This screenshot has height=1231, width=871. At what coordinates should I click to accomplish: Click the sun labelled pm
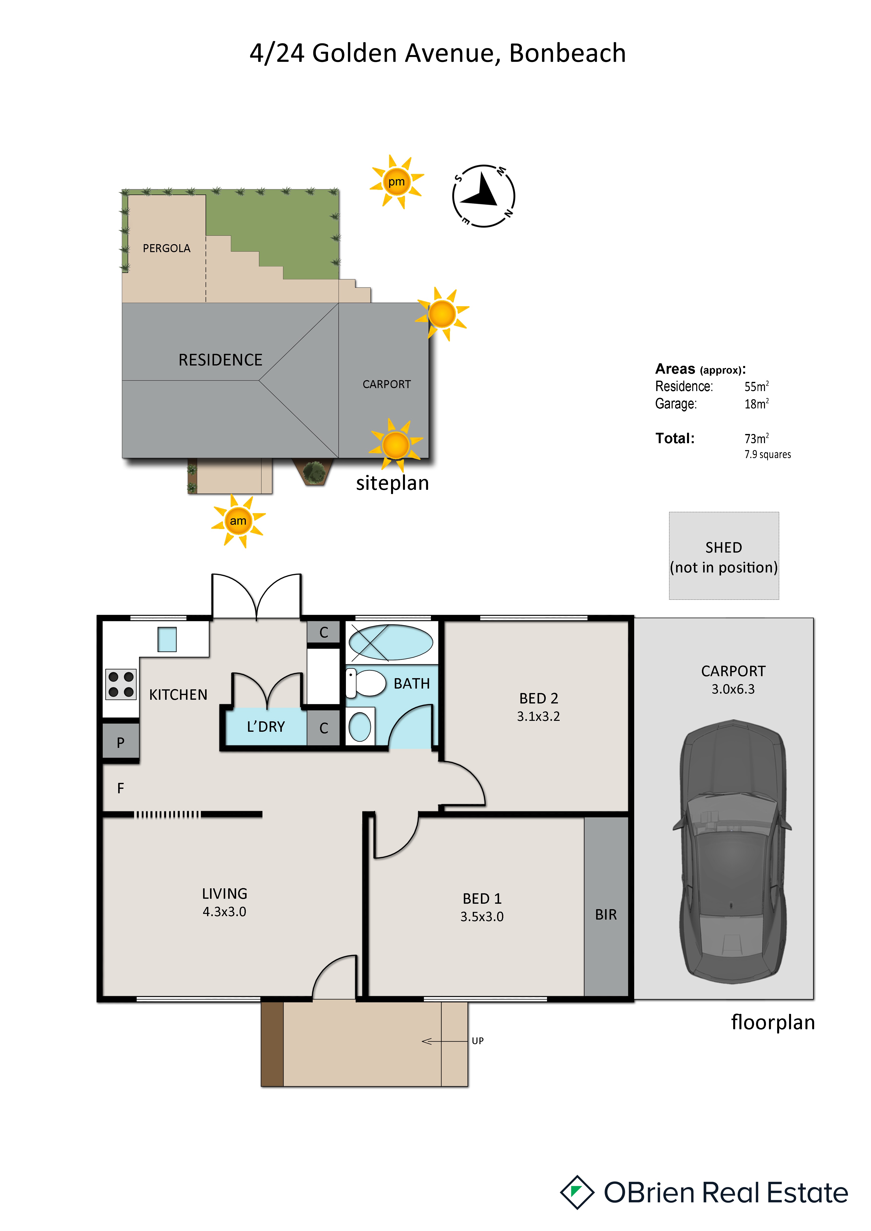click(x=396, y=182)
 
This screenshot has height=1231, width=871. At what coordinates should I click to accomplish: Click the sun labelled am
click(x=238, y=521)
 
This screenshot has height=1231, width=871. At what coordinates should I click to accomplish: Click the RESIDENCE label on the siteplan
click(x=220, y=360)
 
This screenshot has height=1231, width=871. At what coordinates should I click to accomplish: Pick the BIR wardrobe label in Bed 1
click(x=606, y=915)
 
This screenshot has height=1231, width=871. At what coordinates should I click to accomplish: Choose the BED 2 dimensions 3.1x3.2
click(x=539, y=716)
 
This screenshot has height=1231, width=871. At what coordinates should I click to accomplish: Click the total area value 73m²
click(x=756, y=438)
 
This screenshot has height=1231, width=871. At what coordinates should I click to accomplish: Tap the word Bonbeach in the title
click(x=567, y=53)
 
